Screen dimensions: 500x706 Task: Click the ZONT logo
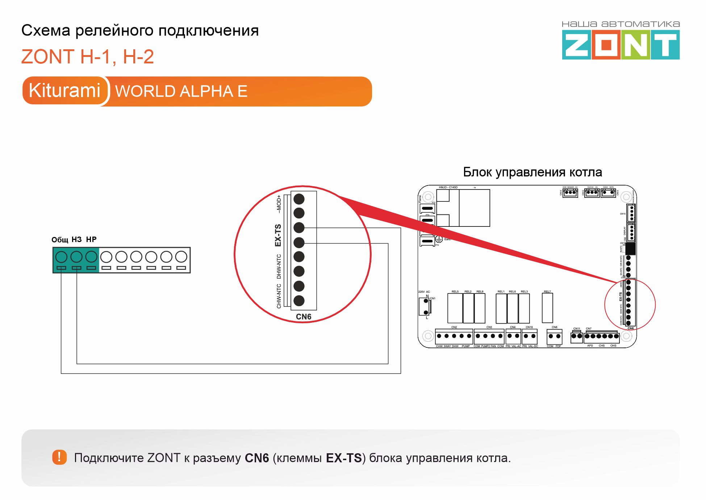click(621, 45)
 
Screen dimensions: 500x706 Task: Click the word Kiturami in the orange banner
click(64, 91)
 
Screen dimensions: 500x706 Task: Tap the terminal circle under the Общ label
click(61, 257)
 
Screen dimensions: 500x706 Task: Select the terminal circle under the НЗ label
click(76, 257)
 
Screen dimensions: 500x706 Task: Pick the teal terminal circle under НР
click(91, 257)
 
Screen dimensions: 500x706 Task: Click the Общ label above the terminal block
click(60, 240)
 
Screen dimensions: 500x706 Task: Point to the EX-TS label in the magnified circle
click(278, 235)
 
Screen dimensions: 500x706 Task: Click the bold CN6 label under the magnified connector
click(304, 317)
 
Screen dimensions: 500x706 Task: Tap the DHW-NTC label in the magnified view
click(279, 266)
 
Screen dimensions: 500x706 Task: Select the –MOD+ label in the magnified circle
click(279, 204)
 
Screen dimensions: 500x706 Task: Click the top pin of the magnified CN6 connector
click(299, 199)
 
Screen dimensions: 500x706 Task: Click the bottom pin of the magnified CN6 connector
click(299, 300)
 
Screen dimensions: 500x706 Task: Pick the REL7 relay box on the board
click(547, 308)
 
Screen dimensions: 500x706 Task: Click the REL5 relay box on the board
click(455, 308)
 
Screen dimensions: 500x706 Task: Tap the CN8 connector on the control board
click(554, 336)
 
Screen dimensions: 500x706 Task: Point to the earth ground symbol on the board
click(439, 239)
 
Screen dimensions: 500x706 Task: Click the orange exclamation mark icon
click(59, 457)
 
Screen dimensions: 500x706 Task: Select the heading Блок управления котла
click(532, 172)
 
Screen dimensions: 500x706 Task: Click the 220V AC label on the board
click(424, 292)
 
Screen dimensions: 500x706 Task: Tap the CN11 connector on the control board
click(577, 336)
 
